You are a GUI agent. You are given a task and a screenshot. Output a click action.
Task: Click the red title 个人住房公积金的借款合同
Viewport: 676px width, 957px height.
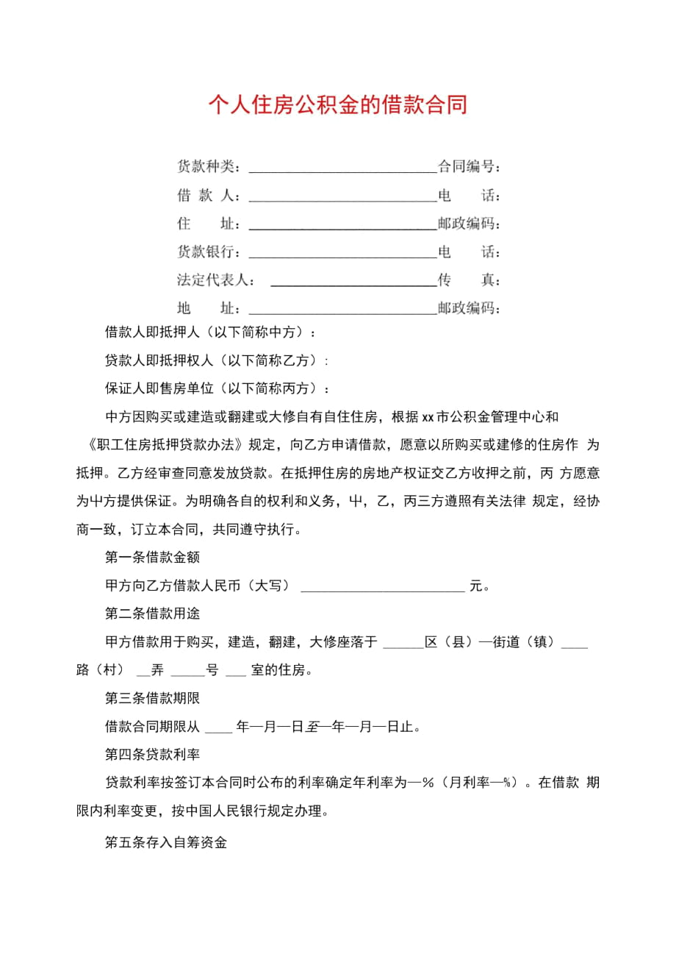click(x=337, y=105)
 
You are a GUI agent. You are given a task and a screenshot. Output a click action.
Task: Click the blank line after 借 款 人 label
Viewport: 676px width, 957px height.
click(x=343, y=199)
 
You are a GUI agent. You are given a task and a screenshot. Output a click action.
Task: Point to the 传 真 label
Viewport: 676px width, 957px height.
click(x=470, y=280)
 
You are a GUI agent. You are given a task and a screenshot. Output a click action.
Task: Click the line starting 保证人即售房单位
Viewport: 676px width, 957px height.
click(x=217, y=388)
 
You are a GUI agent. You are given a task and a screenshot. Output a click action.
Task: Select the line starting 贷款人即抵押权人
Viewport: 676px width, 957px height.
click(x=217, y=360)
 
